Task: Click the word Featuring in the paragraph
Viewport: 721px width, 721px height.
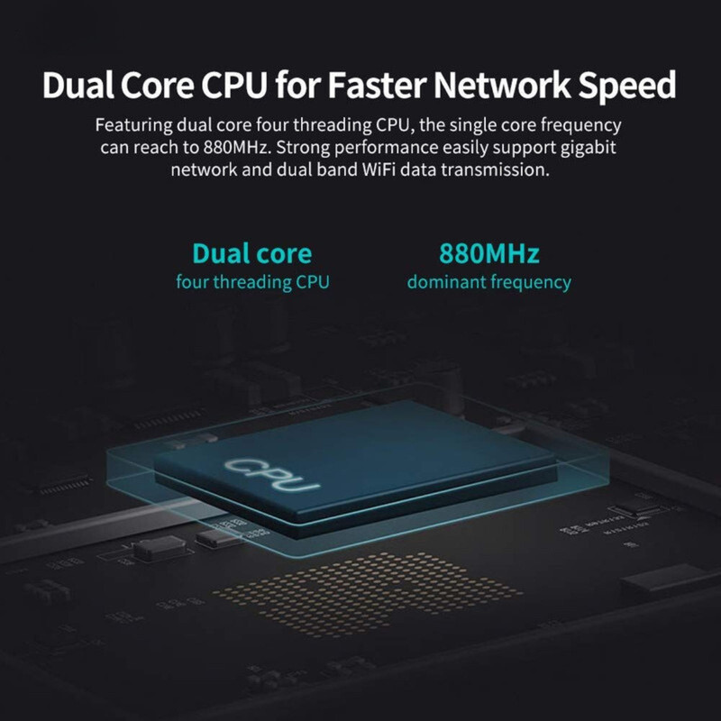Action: (133, 126)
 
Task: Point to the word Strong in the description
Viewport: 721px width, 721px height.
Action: (301, 147)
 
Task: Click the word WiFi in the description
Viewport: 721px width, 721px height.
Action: (379, 169)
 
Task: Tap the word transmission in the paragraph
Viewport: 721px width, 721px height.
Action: (495, 169)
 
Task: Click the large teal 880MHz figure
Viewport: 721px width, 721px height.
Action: (489, 253)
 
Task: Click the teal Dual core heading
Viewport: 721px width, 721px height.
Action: (252, 253)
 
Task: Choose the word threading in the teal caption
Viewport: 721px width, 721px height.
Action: (252, 282)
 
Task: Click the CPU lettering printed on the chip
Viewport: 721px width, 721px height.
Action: (272, 475)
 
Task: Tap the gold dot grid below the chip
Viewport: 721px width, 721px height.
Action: (368, 593)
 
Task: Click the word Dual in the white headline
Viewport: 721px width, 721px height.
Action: (78, 85)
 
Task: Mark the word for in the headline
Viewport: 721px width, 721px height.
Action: (298, 85)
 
